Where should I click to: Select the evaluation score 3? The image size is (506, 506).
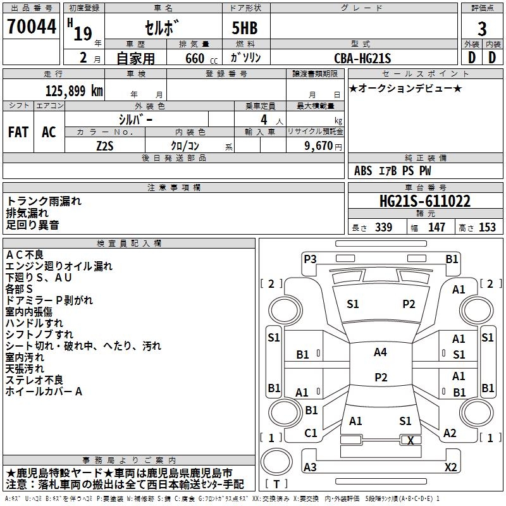[482, 28]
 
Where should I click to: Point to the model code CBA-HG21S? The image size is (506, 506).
[362, 58]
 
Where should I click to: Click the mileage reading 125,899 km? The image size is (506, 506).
[74, 91]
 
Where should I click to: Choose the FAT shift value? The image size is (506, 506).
[18, 132]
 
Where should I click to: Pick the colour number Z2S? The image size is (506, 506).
[104, 145]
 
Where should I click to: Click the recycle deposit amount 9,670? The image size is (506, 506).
[319, 145]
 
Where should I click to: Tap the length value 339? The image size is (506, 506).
[383, 228]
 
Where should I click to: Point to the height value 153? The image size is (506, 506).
[487, 228]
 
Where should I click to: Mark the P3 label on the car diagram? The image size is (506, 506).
[310, 258]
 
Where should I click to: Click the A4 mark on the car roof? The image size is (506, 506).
[380, 352]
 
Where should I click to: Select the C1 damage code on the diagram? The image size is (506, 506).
[311, 433]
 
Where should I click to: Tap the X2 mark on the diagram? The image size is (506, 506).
[451, 467]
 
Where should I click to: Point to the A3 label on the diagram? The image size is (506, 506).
[310, 467]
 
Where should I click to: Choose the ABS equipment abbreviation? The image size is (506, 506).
[363, 171]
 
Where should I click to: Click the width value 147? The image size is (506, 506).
[436, 228]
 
